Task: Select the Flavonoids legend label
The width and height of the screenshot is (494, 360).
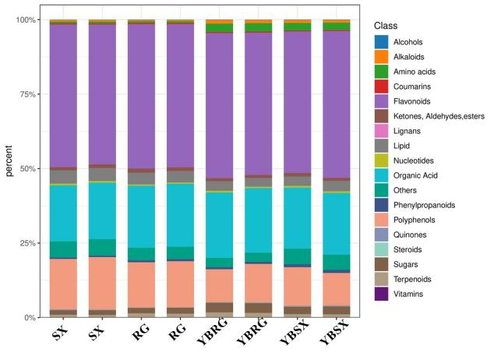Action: [x=416, y=101]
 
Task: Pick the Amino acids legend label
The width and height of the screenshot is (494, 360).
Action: [x=418, y=72]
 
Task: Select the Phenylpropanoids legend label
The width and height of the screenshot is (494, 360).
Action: [x=428, y=205]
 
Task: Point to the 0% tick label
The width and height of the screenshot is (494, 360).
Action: [x=26, y=317]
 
